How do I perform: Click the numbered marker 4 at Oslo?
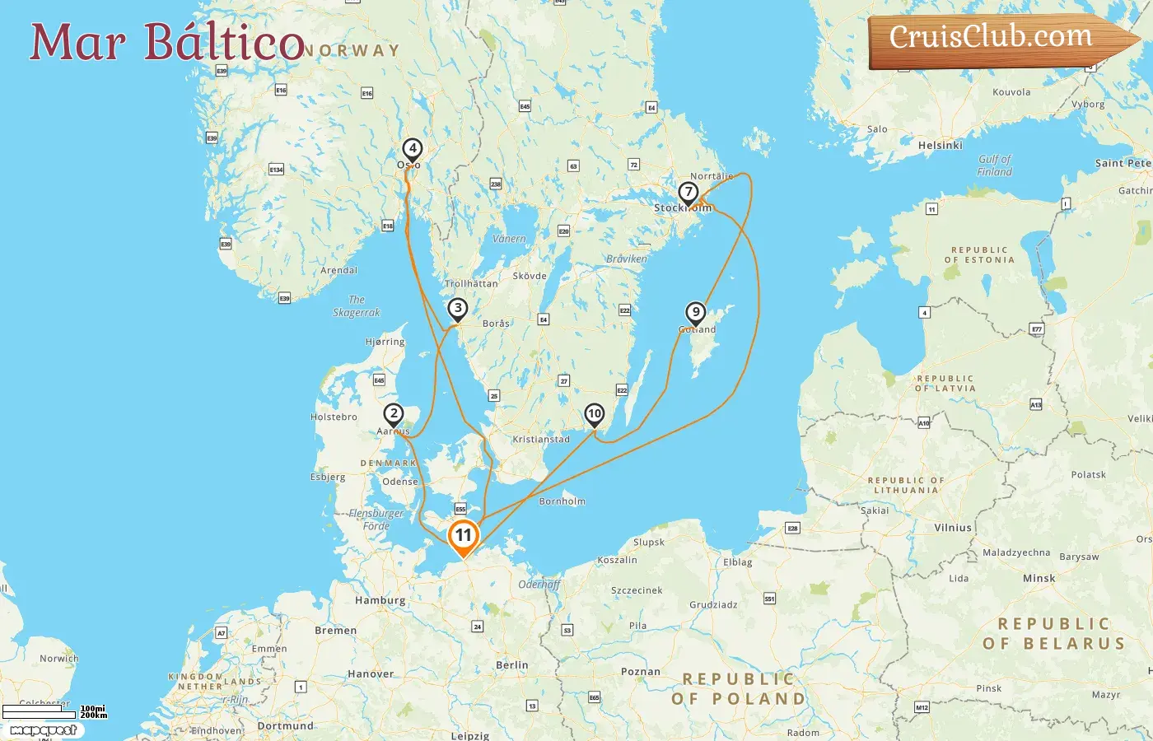[x=412, y=150]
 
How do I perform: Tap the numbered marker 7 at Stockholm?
[x=688, y=193]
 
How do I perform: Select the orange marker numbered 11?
[x=464, y=536]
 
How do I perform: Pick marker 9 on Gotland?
[x=696, y=313]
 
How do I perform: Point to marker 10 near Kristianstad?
[x=595, y=414]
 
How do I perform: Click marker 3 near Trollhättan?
[x=458, y=309]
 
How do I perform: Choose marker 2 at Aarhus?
[x=394, y=414]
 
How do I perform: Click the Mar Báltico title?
[x=167, y=43]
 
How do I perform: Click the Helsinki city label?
[x=940, y=146]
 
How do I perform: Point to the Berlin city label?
[x=512, y=665]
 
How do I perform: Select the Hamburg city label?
[x=380, y=601]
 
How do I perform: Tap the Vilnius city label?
[x=953, y=528]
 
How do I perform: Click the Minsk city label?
[x=1039, y=579]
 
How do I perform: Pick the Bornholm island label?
[x=562, y=501]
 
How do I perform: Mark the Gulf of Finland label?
[x=994, y=165]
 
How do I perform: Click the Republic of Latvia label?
[x=945, y=384]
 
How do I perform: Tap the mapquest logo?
[x=43, y=730]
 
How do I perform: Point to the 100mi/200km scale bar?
[x=54, y=712]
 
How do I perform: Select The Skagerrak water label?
[x=357, y=306]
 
